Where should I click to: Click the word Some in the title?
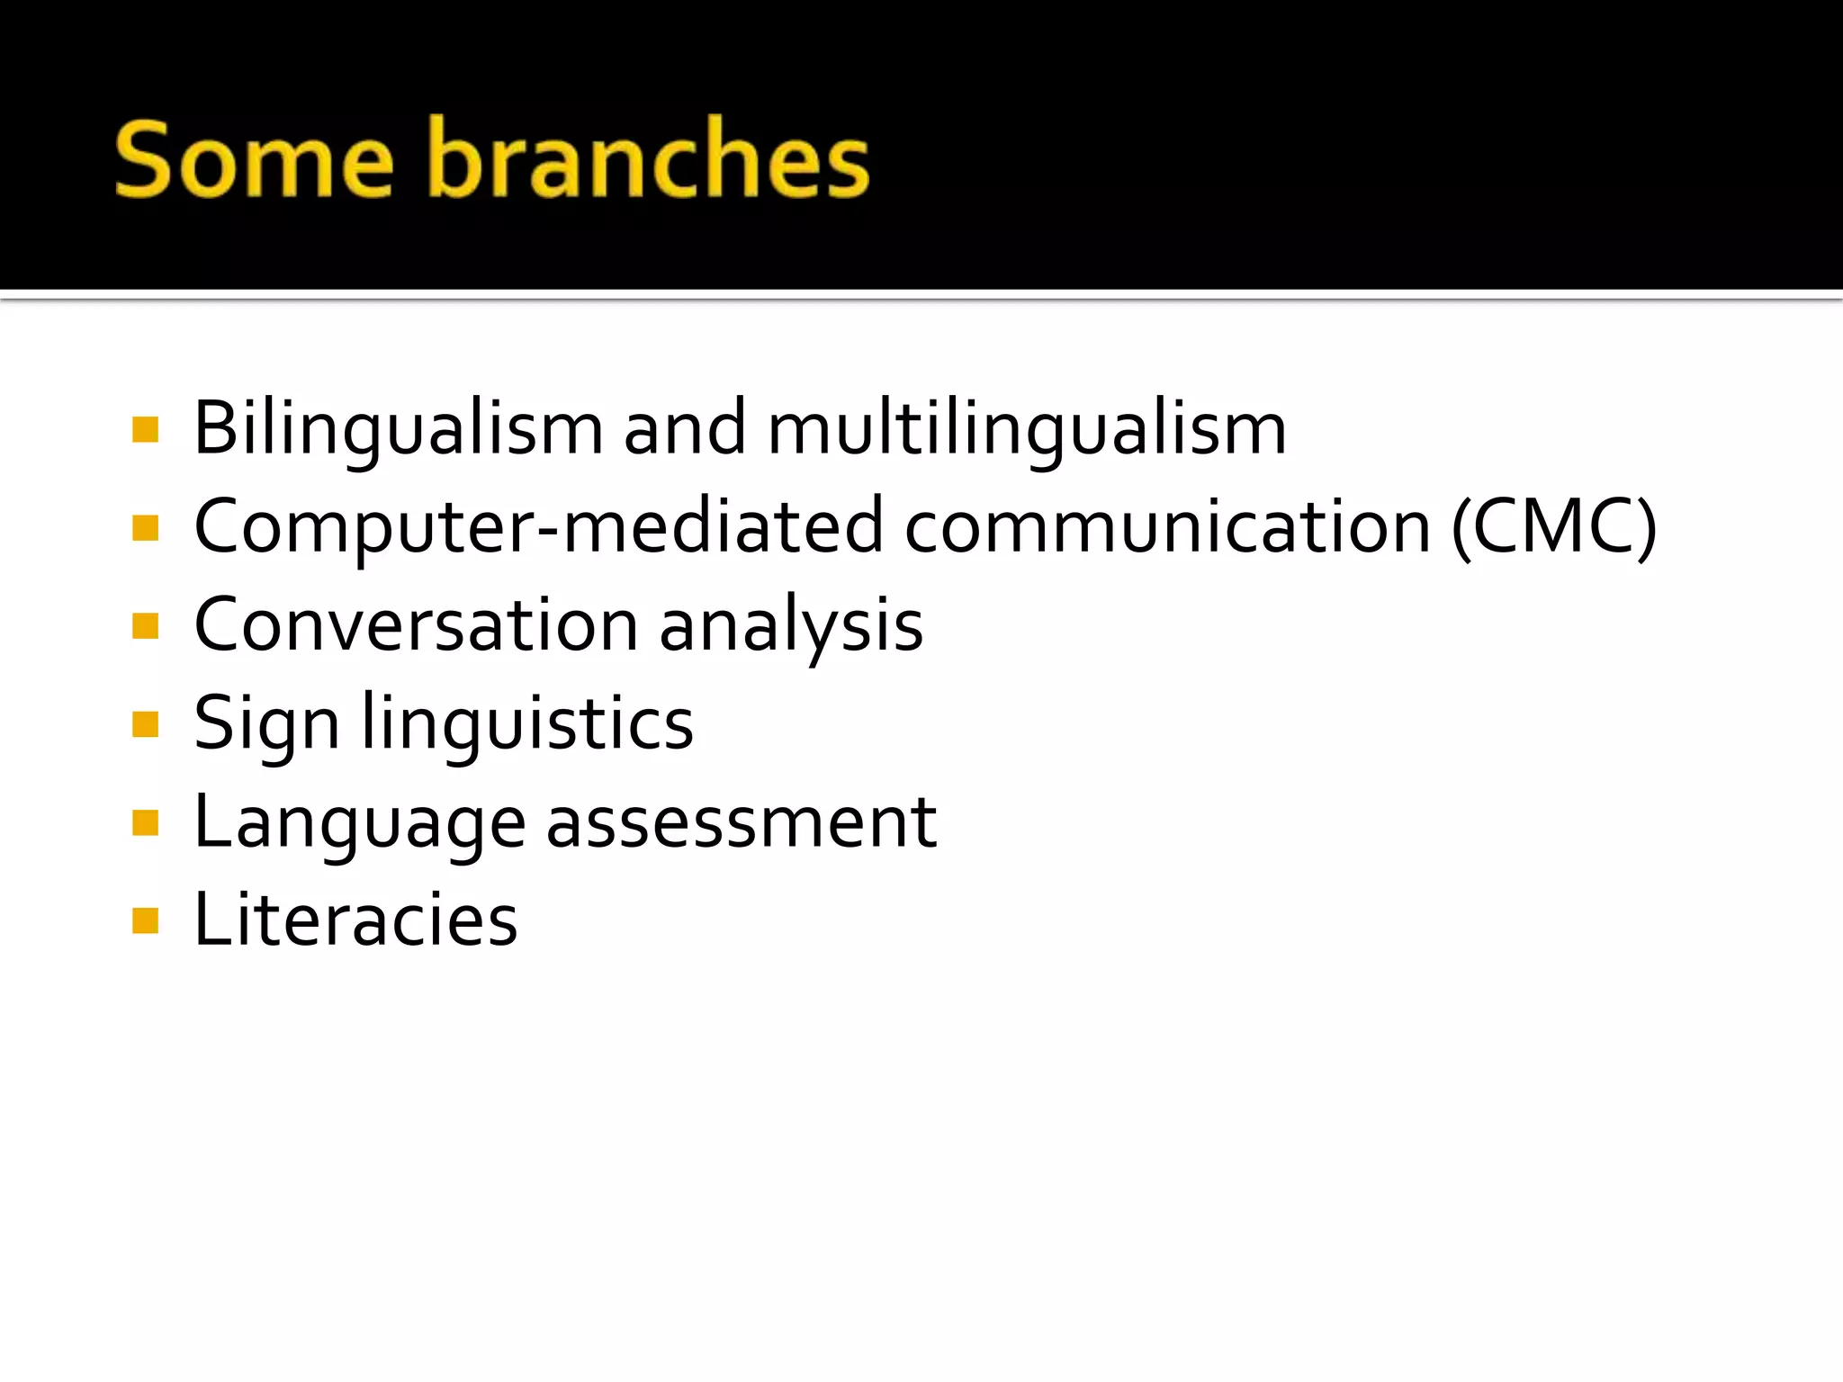click(254, 160)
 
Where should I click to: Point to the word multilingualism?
click(1027, 428)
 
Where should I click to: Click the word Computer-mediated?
click(538, 526)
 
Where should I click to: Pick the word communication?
click(1167, 526)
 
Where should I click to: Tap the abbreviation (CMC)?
click(1554, 526)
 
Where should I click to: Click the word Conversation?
click(416, 624)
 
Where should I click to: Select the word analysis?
click(791, 626)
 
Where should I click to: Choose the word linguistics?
click(527, 723)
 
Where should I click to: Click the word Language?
click(359, 822)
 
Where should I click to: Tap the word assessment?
click(742, 822)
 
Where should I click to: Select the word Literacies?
click(355, 920)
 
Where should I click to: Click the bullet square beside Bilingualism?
click(145, 429)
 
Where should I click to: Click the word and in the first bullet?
click(685, 428)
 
